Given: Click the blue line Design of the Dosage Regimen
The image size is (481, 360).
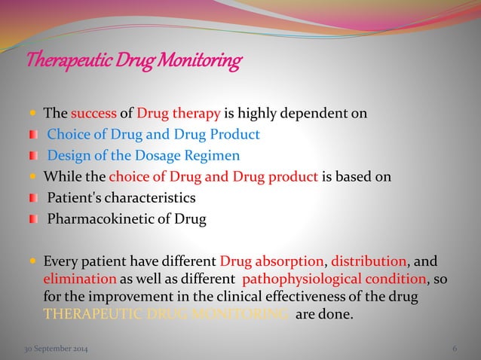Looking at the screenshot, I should click(x=143, y=156).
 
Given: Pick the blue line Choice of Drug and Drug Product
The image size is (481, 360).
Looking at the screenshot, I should click(x=154, y=136).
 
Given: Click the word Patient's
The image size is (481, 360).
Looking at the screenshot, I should click(x=75, y=198).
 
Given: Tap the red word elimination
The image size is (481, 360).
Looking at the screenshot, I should click(x=74, y=280).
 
